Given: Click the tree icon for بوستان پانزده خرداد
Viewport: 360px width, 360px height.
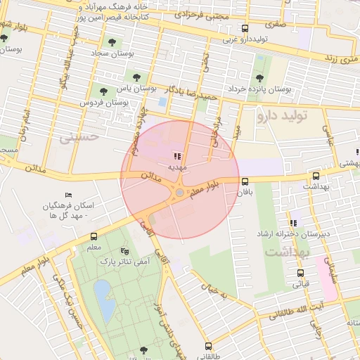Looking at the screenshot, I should pyautogui.click(x=260, y=77).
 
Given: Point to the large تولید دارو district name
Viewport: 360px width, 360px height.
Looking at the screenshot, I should pyautogui.click(x=288, y=114).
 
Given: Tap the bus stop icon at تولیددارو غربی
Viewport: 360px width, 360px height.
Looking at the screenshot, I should pyautogui.click(x=245, y=28).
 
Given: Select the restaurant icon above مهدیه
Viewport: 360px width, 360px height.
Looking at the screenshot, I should pyautogui.click(x=176, y=156).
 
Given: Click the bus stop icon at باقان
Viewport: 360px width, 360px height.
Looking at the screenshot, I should pyautogui.click(x=244, y=181).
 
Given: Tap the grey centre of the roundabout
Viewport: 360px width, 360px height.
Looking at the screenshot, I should pyautogui.click(x=180, y=192).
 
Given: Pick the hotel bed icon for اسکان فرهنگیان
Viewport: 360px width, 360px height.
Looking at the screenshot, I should pyautogui.click(x=68, y=195).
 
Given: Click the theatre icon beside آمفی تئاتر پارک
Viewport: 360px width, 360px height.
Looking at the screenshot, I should pyautogui.click(x=125, y=251).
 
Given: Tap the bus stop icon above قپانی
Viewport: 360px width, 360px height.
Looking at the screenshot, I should pyautogui.click(x=300, y=273).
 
